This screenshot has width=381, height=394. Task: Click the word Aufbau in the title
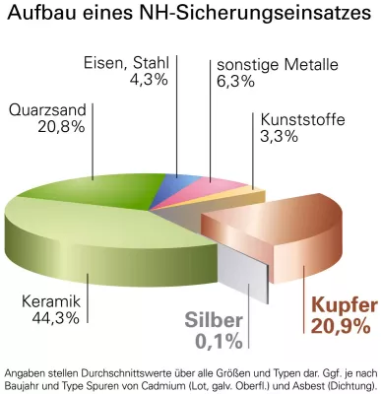[x=40, y=16]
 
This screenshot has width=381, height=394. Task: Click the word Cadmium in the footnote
[x=160, y=386]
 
